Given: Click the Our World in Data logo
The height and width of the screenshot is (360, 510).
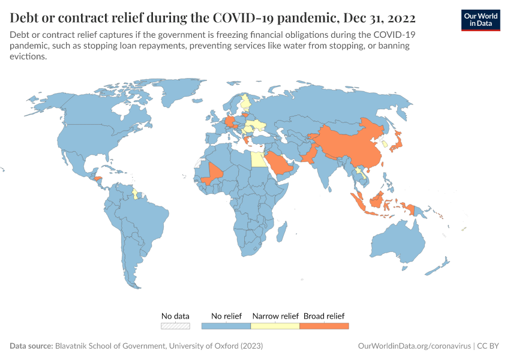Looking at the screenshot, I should click(480, 20).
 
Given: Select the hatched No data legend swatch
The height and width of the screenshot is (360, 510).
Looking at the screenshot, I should click(175, 326).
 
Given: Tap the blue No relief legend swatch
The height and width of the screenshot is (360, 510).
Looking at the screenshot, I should click(226, 326).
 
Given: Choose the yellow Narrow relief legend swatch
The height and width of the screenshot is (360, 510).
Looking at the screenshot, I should click(275, 326).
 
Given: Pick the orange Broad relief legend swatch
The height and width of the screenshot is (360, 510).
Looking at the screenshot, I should click(324, 326).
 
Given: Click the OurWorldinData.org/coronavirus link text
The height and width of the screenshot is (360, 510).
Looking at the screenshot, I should click(413, 346).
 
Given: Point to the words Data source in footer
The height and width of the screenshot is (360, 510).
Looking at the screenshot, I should click(31, 346).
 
